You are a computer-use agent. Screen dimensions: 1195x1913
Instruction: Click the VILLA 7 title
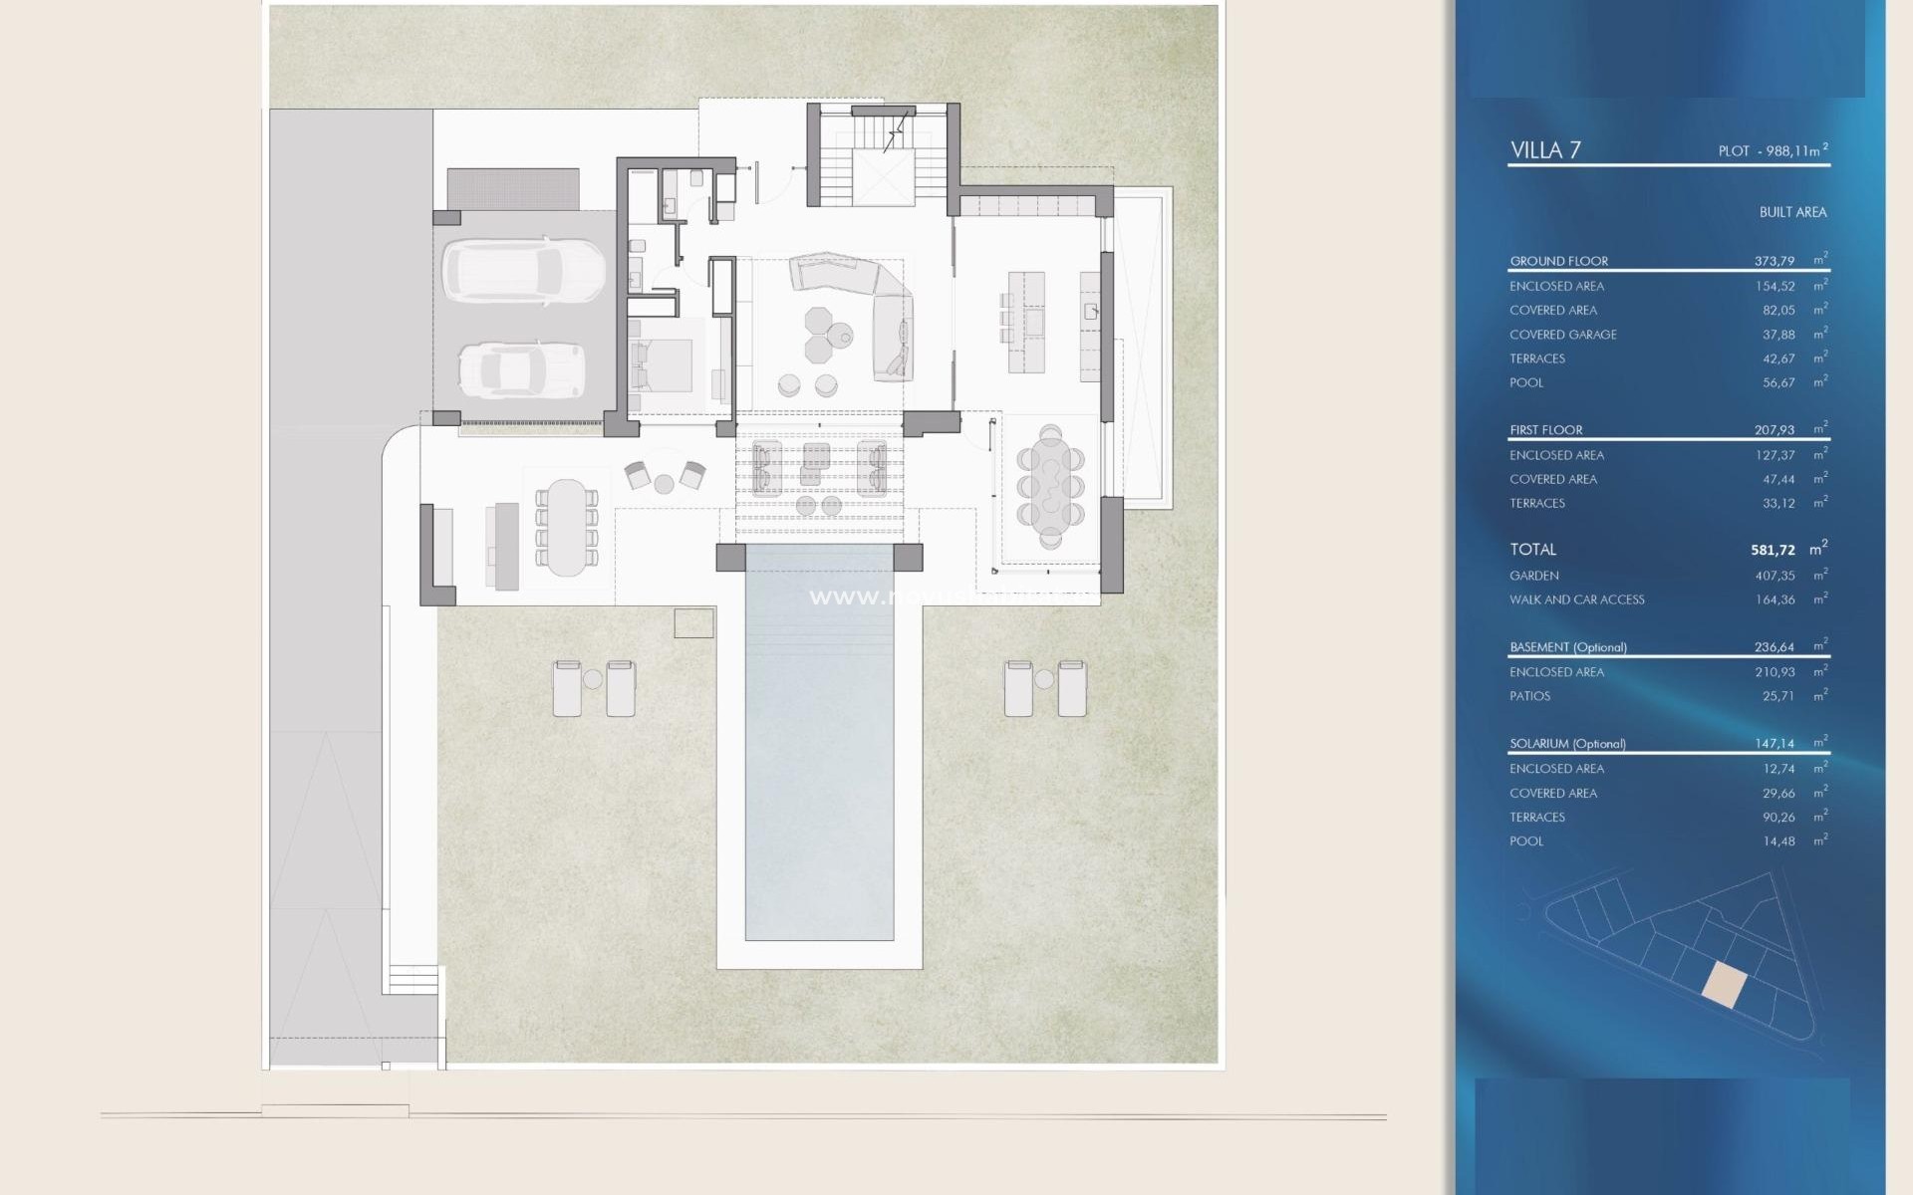[1545, 150]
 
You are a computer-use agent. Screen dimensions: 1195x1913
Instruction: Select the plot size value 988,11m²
[1792, 151]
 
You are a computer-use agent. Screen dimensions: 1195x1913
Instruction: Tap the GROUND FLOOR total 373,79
[1774, 261]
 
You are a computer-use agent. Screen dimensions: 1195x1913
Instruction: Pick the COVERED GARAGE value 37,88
[1778, 335]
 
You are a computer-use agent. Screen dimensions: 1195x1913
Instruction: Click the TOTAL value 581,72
[1773, 550]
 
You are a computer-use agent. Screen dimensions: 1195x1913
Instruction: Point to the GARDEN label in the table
[1534, 576]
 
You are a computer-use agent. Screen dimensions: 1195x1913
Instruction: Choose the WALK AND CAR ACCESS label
[1576, 599]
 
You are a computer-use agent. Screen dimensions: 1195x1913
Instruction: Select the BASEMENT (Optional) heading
[1567, 647]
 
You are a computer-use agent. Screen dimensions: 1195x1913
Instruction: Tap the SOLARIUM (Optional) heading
[1567, 744]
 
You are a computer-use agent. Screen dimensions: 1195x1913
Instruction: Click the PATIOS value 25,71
[1777, 696]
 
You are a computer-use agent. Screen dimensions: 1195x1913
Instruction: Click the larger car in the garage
[523, 270]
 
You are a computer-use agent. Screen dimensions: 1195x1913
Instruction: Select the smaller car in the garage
[520, 370]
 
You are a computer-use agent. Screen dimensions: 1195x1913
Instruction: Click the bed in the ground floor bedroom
[663, 365]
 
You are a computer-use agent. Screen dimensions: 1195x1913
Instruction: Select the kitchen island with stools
[1026, 321]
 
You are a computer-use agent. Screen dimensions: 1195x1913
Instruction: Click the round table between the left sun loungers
[593, 680]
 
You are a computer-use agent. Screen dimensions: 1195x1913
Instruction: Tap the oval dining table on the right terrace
[1050, 487]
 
